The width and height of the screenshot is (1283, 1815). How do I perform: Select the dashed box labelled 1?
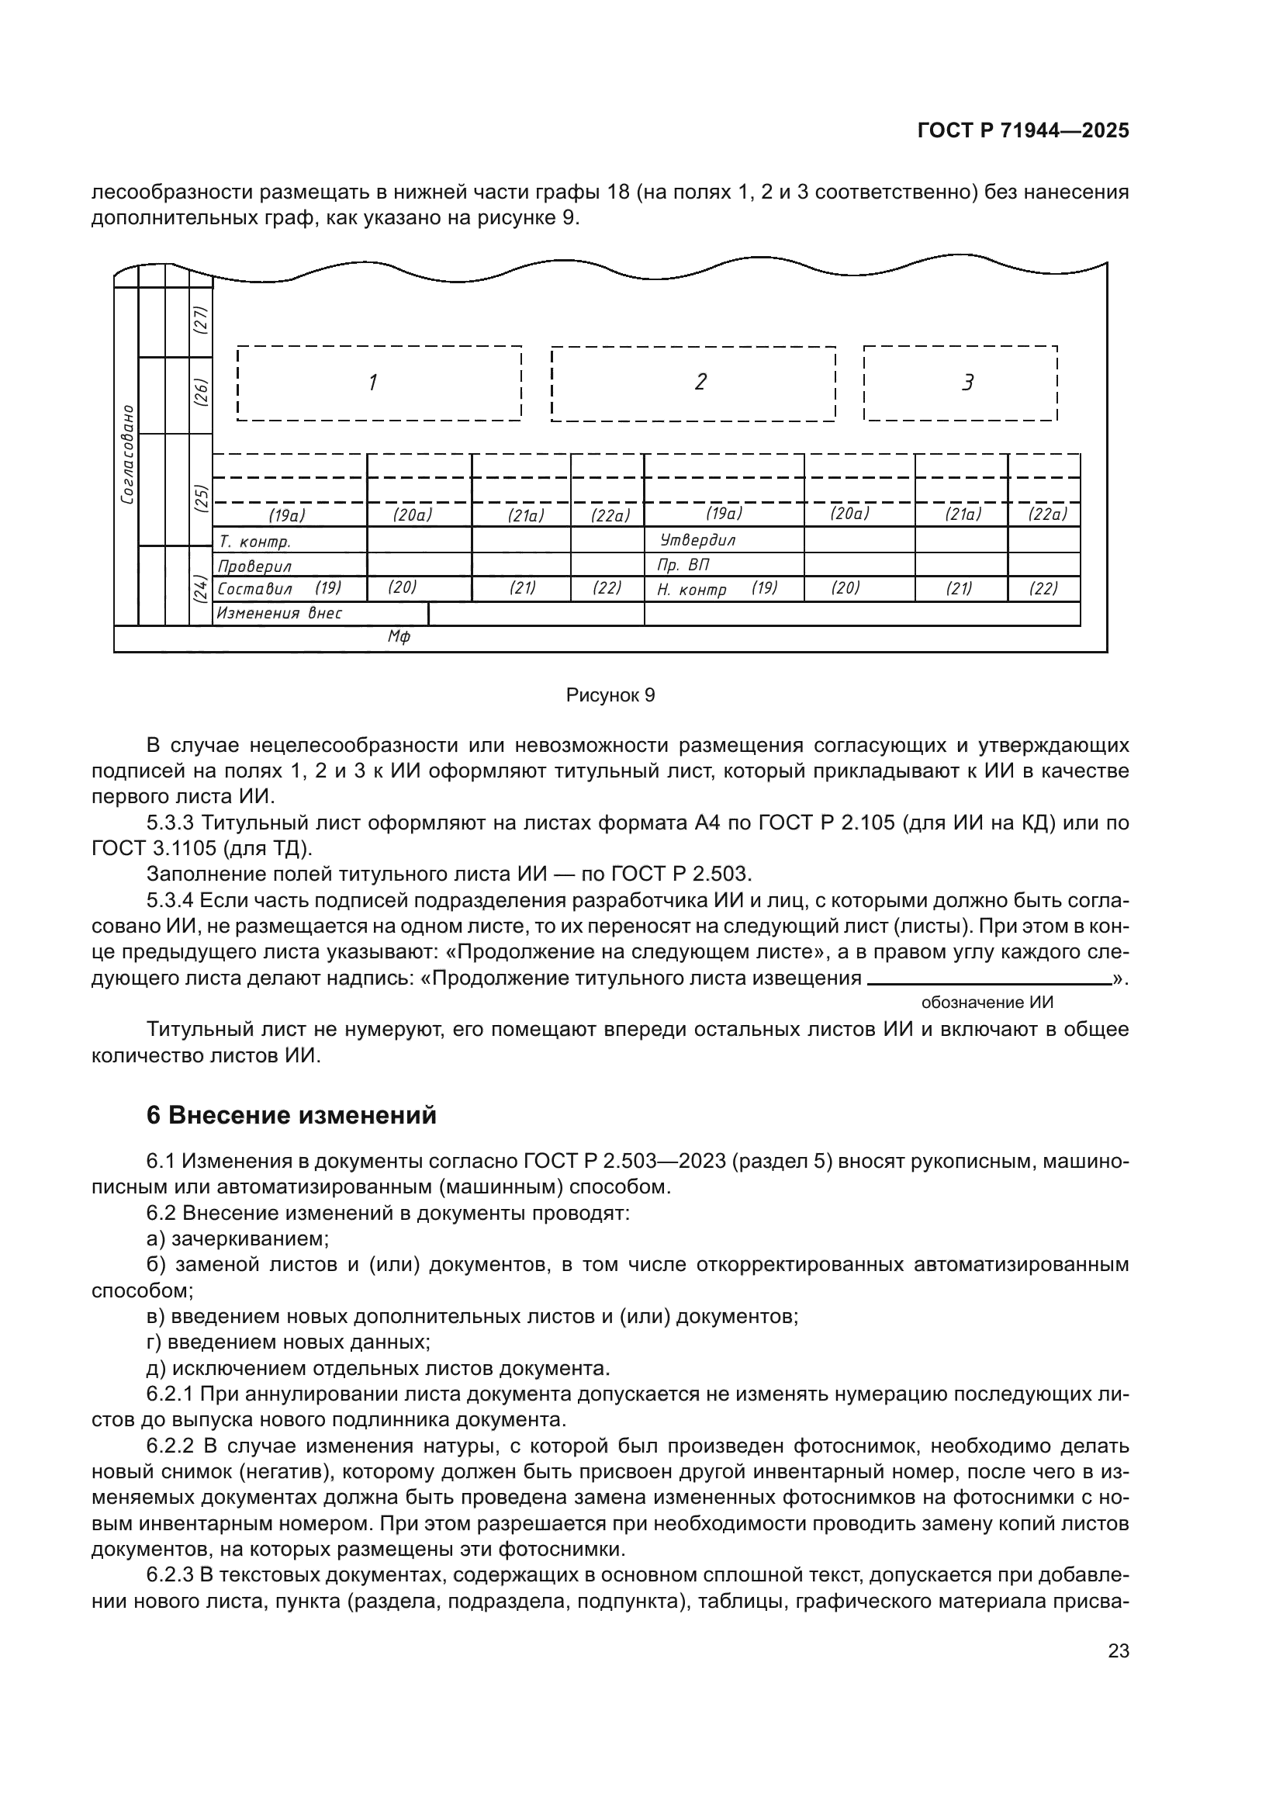pos(379,383)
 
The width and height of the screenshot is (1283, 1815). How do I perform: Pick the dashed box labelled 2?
pos(693,383)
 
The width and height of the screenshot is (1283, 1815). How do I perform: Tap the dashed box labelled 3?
pos(960,383)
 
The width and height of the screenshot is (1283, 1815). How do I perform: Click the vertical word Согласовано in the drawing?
pos(126,455)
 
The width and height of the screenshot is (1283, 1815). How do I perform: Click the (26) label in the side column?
pos(202,393)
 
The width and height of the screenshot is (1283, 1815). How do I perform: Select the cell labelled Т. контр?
pos(289,542)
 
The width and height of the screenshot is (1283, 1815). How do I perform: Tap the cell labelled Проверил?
pos(289,566)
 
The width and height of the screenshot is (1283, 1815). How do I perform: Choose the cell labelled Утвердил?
pos(723,541)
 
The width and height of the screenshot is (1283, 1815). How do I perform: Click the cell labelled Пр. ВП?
pos(723,565)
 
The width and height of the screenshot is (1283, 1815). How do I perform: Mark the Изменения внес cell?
pos(319,614)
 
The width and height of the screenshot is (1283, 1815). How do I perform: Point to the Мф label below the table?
pos(399,637)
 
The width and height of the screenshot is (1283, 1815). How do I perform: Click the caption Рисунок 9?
pos(610,695)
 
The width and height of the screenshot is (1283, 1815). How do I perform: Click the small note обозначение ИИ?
pos(987,1003)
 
